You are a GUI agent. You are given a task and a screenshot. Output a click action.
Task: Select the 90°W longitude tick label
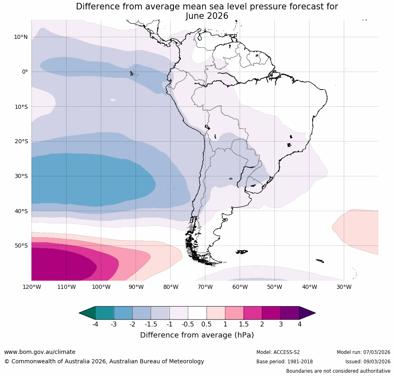click(x=136, y=287)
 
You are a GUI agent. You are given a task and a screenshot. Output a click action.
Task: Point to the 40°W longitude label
click(x=309, y=287)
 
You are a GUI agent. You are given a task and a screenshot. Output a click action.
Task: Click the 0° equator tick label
click(x=25, y=72)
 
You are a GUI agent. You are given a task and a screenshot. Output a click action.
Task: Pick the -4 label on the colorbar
click(x=95, y=324)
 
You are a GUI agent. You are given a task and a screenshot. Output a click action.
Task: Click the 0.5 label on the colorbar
click(x=206, y=324)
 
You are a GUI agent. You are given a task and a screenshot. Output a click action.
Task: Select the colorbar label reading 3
click(x=281, y=324)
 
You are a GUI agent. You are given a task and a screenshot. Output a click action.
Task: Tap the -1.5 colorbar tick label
click(x=151, y=324)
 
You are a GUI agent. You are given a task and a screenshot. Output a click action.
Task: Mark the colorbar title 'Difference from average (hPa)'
click(x=197, y=335)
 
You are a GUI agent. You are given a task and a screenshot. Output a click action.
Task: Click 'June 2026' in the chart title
click(x=207, y=16)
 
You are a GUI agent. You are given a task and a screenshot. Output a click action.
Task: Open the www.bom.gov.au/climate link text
click(x=40, y=352)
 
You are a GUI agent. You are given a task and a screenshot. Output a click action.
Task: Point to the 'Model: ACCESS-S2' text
click(x=278, y=352)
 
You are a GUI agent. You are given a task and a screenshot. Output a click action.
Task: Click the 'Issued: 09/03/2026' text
click(x=367, y=362)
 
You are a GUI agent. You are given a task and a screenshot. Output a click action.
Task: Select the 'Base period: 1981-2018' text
click(x=284, y=362)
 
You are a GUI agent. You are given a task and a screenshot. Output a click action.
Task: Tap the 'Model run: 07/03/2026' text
click(x=363, y=352)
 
